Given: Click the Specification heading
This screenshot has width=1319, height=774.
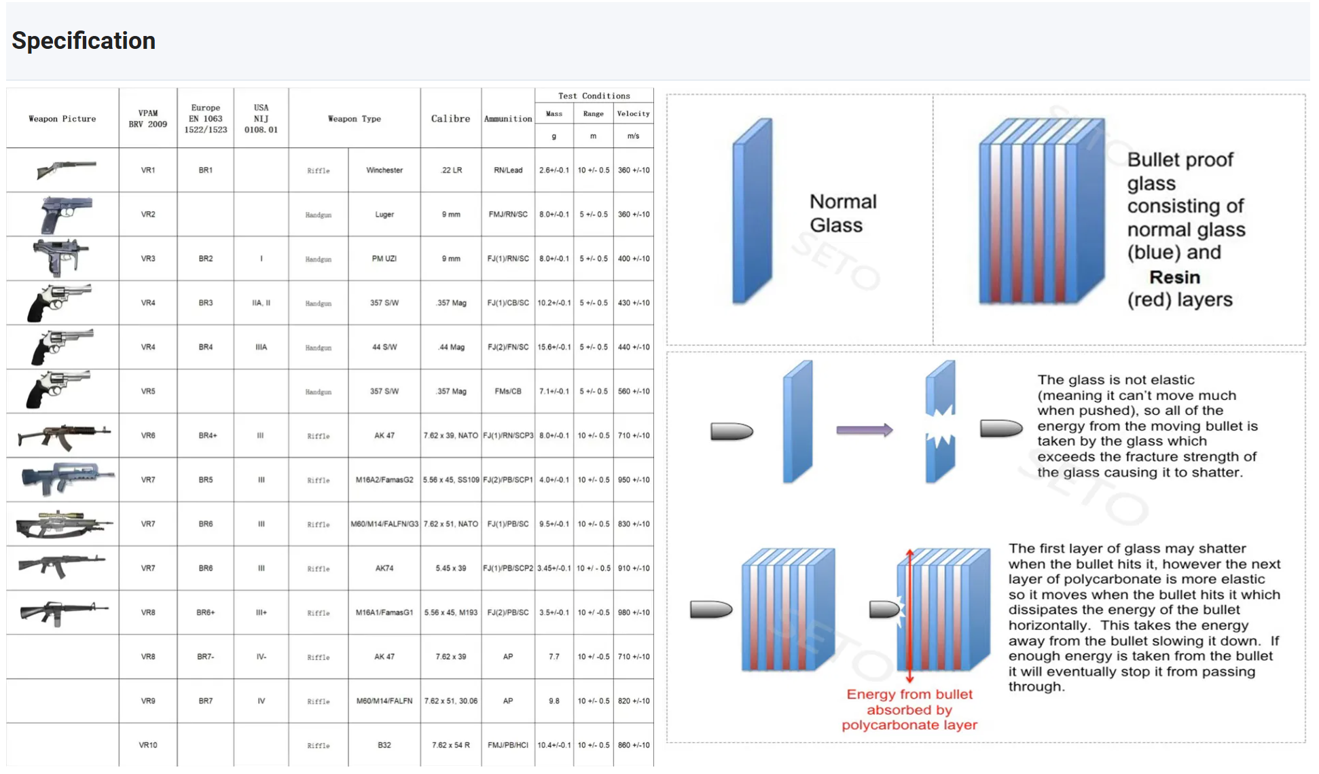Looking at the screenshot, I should click(x=84, y=41).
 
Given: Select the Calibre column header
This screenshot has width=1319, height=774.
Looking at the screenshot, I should click(x=450, y=119).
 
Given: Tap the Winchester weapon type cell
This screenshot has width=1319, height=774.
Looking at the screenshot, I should click(x=384, y=170).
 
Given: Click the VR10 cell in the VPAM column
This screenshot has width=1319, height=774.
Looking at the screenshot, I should click(x=148, y=745).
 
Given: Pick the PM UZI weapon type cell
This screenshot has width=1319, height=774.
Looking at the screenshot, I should click(x=384, y=259).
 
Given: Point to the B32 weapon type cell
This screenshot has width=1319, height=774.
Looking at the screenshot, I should click(x=384, y=745).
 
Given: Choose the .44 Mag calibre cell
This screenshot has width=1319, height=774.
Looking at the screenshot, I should click(x=451, y=347).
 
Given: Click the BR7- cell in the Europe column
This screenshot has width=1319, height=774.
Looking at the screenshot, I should click(x=206, y=657).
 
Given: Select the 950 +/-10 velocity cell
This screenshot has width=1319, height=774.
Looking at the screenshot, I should click(x=634, y=480).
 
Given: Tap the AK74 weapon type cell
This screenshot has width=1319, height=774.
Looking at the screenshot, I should click(x=384, y=568).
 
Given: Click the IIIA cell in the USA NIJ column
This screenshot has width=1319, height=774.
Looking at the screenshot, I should click(x=261, y=347).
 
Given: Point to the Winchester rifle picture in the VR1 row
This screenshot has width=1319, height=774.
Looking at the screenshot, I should click(x=66, y=169).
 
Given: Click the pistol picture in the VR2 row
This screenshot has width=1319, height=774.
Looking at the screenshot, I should click(x=65, y=214).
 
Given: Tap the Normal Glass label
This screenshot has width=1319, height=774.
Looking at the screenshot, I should click(x=842, y=213).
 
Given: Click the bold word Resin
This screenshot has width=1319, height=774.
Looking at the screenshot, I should click(x=1174, y=277).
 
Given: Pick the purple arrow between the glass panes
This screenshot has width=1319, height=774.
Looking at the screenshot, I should click(x=864, y=430).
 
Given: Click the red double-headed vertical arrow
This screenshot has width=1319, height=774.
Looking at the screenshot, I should click(x=909, y=615).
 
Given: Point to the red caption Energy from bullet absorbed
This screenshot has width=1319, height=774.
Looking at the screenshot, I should click(x=909, y=709).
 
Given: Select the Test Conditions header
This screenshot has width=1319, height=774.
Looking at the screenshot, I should click(x=594, y=96).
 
